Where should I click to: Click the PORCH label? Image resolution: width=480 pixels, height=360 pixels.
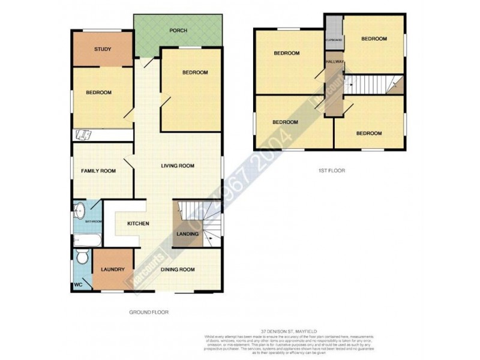click(178, 31)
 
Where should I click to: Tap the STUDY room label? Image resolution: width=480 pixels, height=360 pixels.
click(103, 49)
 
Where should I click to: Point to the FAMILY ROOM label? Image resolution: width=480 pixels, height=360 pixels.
click(98, 172)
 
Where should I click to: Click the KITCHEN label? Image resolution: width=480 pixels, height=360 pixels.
click(138, 224)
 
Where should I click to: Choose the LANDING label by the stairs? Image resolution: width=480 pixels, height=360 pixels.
click(187, 233)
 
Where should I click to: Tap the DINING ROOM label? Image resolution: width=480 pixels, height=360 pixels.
click(178, 269)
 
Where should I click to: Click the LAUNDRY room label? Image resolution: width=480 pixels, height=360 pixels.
click(113, 269)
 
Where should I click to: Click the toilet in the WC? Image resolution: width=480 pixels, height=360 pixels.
click(83, 257)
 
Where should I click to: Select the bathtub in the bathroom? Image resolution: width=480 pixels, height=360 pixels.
click(88, 239)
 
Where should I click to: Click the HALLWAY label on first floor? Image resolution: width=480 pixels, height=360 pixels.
click(334, 62)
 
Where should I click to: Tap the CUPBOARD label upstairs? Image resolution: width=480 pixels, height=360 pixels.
click(334, 40)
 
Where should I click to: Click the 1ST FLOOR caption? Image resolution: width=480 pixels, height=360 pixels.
click(332, 170)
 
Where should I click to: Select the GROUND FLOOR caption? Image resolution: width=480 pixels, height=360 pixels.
click(149, 312)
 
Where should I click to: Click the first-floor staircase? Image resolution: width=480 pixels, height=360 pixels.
click(372, 85)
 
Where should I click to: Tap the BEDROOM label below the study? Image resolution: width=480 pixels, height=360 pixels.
click(98, 92)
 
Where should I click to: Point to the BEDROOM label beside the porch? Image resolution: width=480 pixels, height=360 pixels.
click(195, 73)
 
